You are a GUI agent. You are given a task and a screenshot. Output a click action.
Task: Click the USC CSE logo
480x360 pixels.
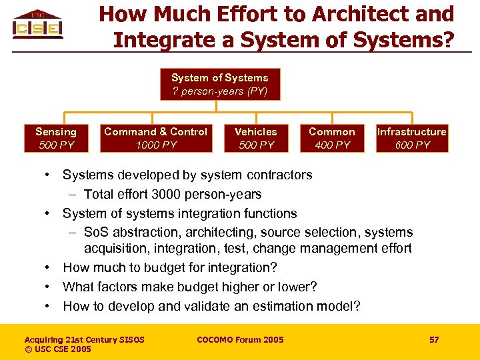(x=37, y=25)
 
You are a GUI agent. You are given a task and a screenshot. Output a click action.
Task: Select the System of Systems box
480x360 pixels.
(x=220, y=84)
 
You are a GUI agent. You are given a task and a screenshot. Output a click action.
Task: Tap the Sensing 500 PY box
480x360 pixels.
(x=56, y=138)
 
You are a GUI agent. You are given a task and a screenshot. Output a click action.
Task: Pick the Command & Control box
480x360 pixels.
(x=155, y=138)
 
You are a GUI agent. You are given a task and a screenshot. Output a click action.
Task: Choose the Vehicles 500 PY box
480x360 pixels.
(x=256, y=138)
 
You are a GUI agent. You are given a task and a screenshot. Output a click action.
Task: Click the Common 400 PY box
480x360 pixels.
(x=332, y=138)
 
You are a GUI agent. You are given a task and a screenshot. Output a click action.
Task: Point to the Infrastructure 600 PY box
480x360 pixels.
(x=411, y=138)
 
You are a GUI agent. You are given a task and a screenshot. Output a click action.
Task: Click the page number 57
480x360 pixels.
(x=434, y=340)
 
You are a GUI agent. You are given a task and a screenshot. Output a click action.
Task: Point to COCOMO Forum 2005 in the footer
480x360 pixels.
(x=240, y=340)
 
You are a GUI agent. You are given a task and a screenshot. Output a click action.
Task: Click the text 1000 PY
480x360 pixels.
(x=156, y=145)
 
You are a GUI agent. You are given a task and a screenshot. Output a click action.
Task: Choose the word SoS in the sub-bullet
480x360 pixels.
(x=96, y=233)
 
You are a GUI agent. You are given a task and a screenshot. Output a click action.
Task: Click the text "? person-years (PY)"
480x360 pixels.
(x=220, y=91)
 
